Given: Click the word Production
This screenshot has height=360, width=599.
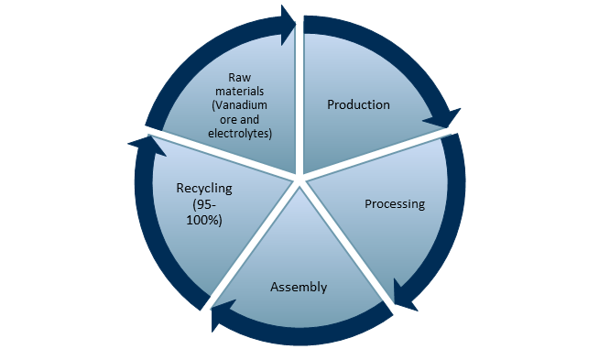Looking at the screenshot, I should pos(358,104).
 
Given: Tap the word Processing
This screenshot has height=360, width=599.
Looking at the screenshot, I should pos(395,203).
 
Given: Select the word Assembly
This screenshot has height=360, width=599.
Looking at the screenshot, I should pos(299,288).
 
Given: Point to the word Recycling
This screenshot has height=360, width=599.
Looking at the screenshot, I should pos(203,189).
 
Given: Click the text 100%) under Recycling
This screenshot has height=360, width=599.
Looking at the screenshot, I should pos(203,220).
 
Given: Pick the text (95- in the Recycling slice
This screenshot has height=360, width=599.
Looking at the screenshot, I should pos(203,204).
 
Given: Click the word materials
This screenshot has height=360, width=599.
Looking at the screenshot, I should pos(239,93).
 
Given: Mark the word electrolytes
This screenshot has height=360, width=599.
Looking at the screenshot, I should pos(239,134).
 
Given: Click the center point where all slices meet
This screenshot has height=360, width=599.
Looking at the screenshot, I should pos(299,180).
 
